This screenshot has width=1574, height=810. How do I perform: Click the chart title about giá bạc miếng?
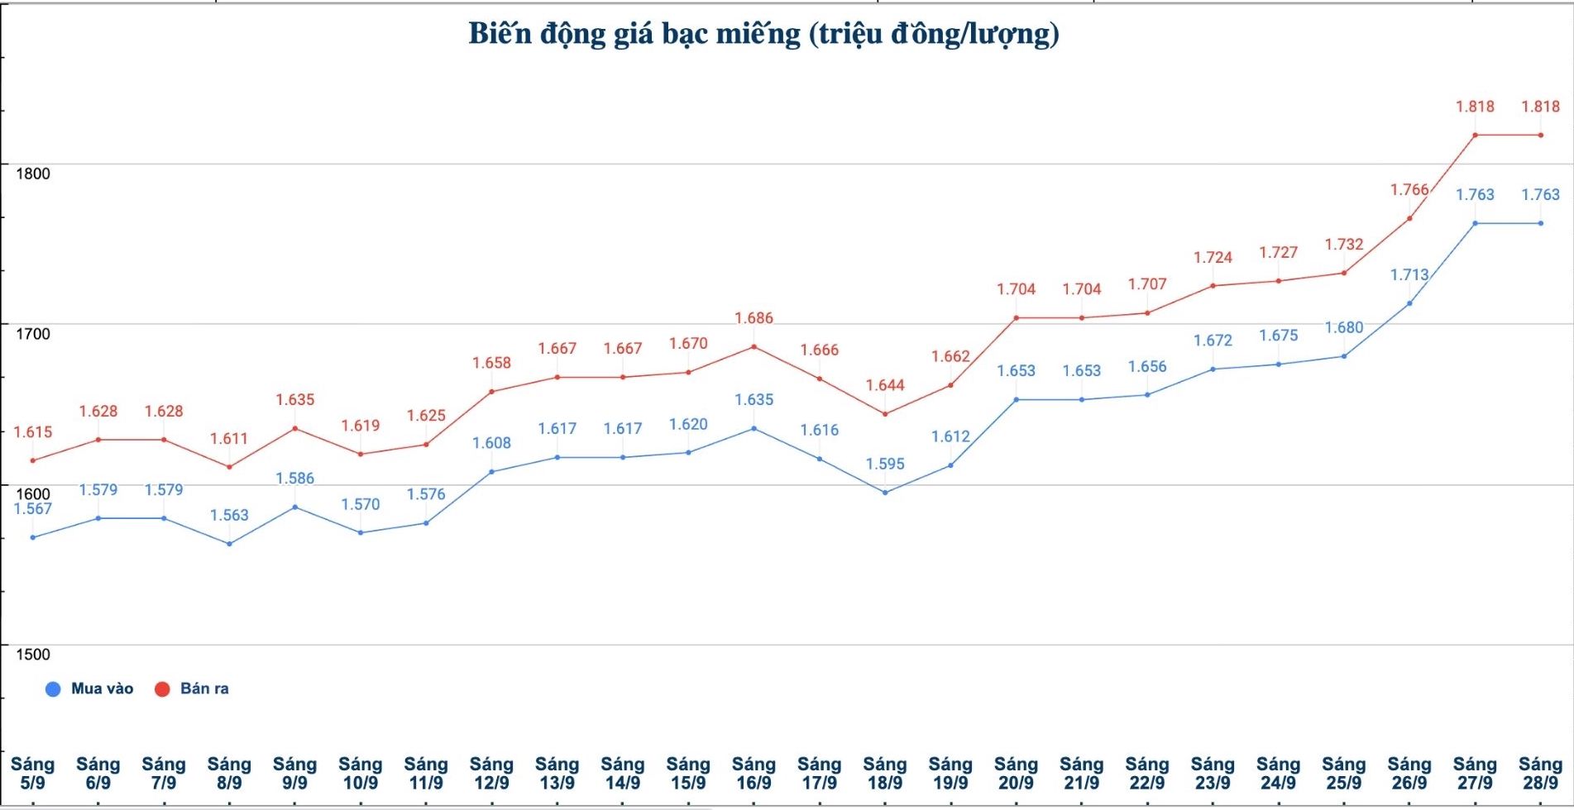pos(763,34)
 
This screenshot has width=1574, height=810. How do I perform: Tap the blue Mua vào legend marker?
pos(53,689)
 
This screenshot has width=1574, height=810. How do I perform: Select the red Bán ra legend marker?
pos(162,689)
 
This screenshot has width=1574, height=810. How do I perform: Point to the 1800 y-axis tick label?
pos(33,174)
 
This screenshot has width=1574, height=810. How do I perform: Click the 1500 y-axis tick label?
pos(33,655)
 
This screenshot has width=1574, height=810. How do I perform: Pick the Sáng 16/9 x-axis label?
pos(754,774)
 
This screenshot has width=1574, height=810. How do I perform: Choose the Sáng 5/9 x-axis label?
pos(32,774)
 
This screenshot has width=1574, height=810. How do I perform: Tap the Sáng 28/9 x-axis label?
pos(1540,774)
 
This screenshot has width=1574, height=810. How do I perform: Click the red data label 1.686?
pos(754,318)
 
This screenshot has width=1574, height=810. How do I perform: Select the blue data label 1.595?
pos(885,465)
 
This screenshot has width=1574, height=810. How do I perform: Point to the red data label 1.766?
pos(1409,190)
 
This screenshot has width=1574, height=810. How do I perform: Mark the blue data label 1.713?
pos(1409,275)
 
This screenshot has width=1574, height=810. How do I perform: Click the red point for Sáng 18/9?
pos(885,414)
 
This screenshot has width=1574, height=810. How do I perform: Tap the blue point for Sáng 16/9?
pos(754,428)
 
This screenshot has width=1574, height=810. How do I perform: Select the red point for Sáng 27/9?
pos(1475,135)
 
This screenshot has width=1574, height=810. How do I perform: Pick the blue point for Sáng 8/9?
pos(229,544)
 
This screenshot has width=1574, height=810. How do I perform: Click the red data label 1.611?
pos(229,439)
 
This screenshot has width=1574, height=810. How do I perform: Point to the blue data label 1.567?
pos(32,509)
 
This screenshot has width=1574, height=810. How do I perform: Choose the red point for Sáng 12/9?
pos(491,392)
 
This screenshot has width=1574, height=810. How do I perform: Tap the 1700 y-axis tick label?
pos(33,334)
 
